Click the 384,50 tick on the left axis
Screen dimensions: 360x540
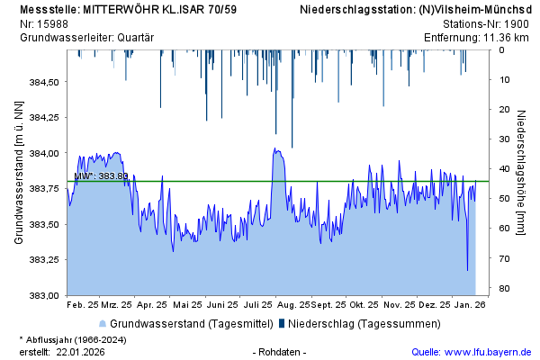pyautogui.click(x=45, y=82)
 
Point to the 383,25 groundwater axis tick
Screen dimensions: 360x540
pyautogui.click(x=45, y=259)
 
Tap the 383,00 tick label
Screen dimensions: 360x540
pyautogui.click(x=45, y=295)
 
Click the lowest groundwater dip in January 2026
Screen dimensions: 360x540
pyautogui.click(x=467, y=269)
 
